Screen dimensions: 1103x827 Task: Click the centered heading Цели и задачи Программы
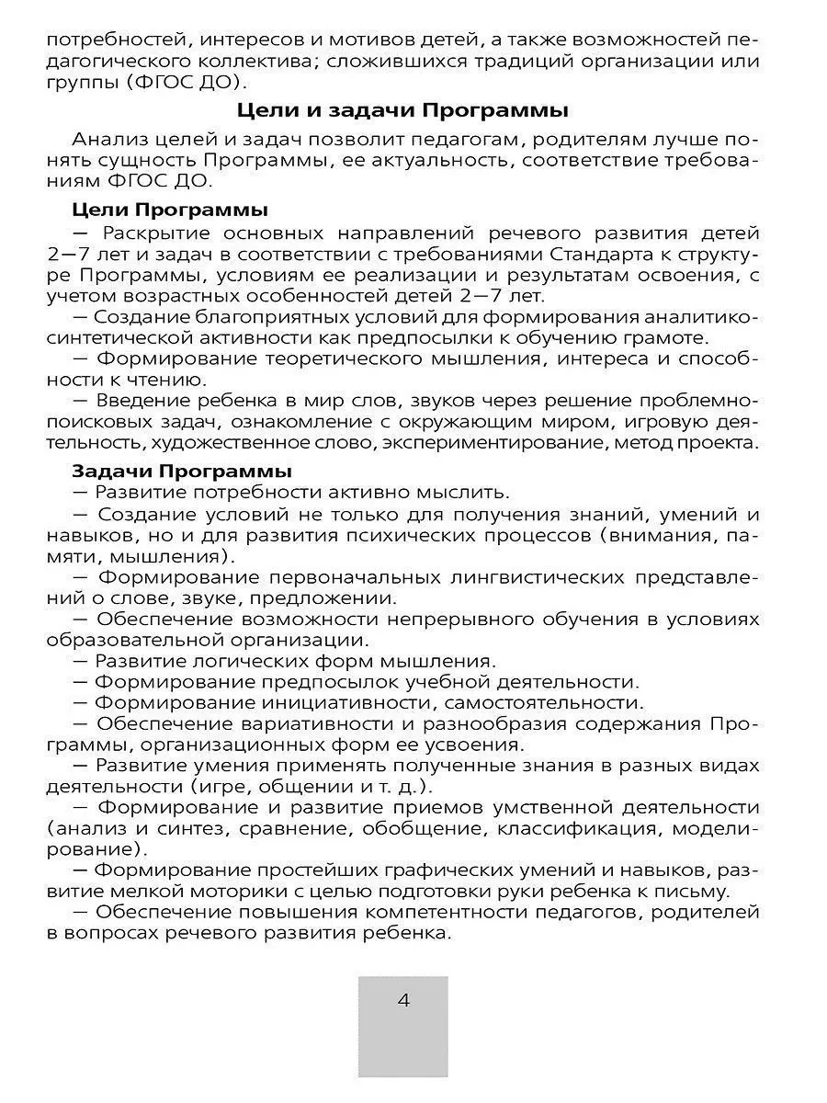[x=402, y=111]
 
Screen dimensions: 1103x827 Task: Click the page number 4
[x=402, y=1001]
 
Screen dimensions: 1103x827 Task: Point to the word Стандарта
[x=558, y=252]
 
